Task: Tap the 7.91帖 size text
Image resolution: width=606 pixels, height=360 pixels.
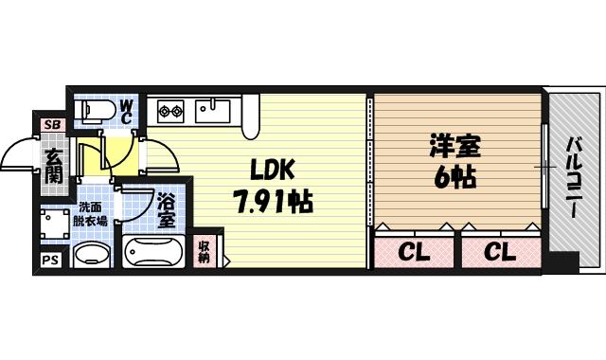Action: pyautogui.click(x=274, y=201)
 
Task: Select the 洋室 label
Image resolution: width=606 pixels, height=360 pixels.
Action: pyautogui.click(x=454, y=147)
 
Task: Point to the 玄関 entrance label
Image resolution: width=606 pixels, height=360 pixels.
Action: pyautogui.click(x=54, y=163)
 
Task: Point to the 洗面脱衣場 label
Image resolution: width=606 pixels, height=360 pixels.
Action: pyautogui.click(x=92, y=215)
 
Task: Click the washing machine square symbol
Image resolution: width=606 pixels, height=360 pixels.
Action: pyautogui.click(x=55, y=223)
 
